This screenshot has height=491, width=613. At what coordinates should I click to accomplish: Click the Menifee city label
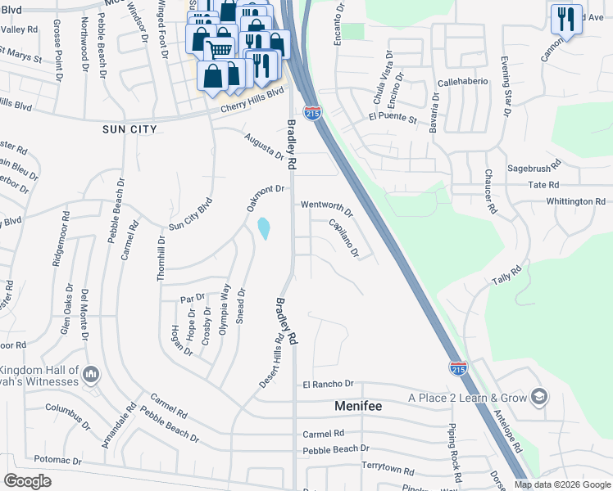(361, 405)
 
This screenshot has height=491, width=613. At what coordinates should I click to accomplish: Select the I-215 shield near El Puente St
(312, 113)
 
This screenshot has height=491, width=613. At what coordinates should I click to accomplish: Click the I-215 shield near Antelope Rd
(458, 368)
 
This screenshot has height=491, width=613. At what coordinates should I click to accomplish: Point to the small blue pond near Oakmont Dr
(264, 228)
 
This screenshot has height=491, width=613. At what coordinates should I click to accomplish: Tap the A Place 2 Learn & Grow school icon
(539, 398)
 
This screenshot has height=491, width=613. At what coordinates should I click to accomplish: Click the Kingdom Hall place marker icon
(91, 375)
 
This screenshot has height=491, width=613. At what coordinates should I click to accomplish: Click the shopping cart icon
(219, 48)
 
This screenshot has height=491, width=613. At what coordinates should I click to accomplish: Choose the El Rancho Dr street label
(328, 384)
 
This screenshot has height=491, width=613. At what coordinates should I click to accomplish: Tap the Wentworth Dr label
(326, 208)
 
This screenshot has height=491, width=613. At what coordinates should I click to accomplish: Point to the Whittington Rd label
(575, 201)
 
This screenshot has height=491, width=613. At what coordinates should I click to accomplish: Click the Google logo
(27, 481)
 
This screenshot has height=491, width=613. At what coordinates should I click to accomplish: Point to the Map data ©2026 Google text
(562, 484)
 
